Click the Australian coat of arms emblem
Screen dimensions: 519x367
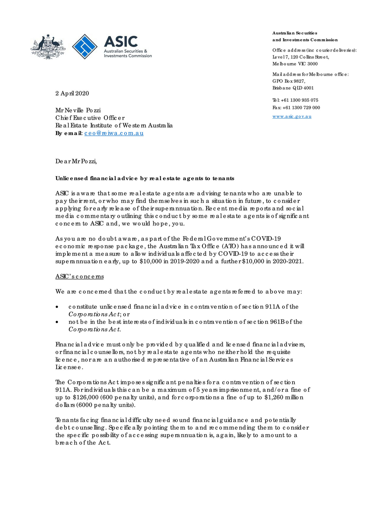(48, 47)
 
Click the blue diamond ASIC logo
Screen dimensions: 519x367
(85, 46)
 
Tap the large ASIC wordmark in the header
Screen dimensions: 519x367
(121, 42)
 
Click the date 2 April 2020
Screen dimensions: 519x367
(72, 93)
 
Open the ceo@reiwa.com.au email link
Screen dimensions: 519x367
(114, 133)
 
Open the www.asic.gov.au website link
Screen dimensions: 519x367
(292, 116)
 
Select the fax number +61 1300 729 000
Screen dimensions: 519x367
(301, 107)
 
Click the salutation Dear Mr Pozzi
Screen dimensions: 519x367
(76, 161)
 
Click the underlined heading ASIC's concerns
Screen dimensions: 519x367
(79, 277)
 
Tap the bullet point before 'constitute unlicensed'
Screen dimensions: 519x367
(57, 307)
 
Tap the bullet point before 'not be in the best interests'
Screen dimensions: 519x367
(57, 322)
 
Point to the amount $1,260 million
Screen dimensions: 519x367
(284, 397)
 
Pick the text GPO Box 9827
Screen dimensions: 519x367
(289, 81)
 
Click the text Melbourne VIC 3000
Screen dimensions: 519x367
(295, 64)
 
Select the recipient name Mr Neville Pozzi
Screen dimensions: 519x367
(78, 110)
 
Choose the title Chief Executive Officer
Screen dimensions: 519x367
(90, 118)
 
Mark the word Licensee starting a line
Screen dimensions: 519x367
(69, 367)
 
